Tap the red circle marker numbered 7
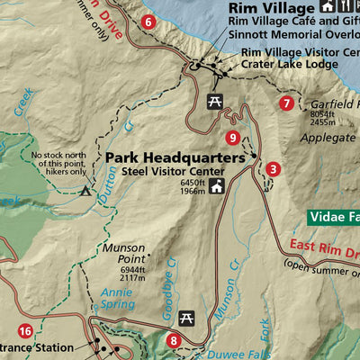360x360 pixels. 286,103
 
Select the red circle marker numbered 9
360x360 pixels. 233,138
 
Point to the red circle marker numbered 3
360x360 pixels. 274,168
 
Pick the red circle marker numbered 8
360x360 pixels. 174,340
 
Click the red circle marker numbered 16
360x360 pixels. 25,331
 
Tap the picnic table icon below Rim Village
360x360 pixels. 215,102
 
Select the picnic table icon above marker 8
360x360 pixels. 187,318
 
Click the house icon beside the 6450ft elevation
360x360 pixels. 217,189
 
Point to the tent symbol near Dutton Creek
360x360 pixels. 85,191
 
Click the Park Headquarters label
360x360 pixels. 174,157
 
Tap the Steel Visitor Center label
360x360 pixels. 173,171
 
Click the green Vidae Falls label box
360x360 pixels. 334,217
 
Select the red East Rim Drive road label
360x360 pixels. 325,248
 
